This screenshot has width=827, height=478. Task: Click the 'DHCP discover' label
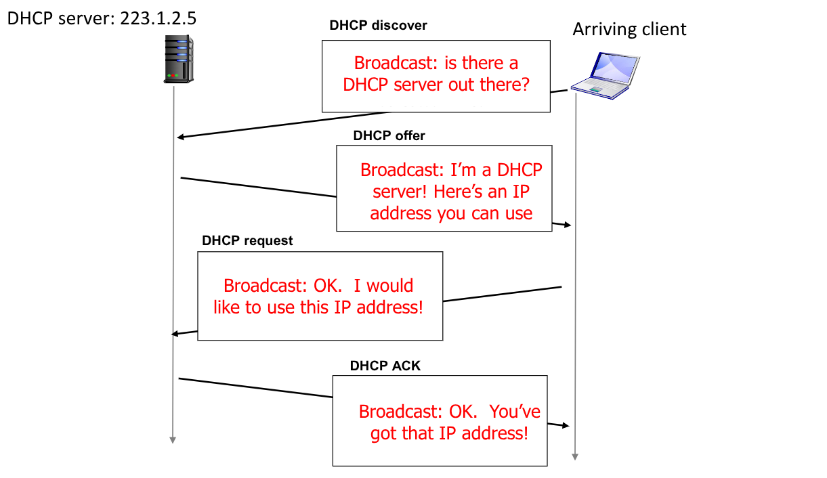[x=378, y=26]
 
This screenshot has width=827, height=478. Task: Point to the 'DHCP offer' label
[x=389, y=135]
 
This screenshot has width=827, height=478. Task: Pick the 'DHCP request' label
[x=247, y=240]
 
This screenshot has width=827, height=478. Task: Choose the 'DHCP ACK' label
[x=385, y=366]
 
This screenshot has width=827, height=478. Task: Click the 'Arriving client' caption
[x=629, y=29]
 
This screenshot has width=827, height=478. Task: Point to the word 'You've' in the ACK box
[x=515, y=411]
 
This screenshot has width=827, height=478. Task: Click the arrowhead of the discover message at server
[x=180, y=137]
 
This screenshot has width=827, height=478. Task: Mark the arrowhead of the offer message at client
[x=568, y=225]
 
